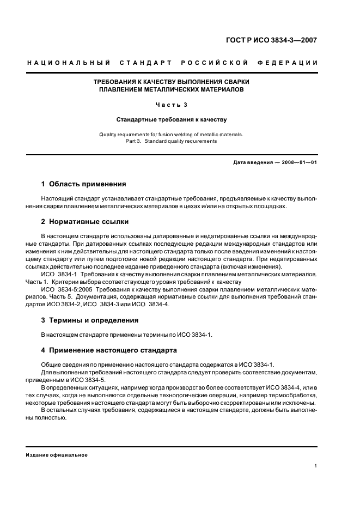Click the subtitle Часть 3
[172, 105]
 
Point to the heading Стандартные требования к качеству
[172, 119]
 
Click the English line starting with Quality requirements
[172, 134]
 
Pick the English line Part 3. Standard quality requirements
[172, 141]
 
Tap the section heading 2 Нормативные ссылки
[85, 222]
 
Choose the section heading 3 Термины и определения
[90, 320]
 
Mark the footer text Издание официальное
[57, 454]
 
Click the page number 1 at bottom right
[316, 466]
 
